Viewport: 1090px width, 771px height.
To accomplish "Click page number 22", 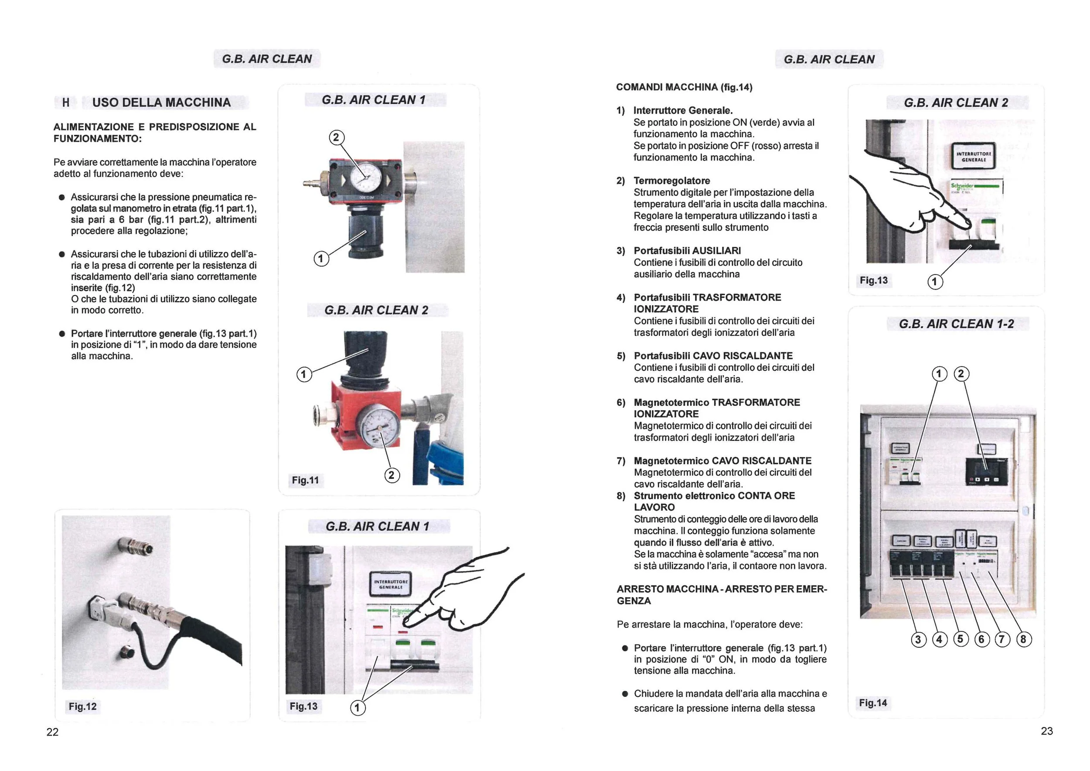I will (52, 732).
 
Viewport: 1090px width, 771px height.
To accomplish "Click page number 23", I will (1046, 731).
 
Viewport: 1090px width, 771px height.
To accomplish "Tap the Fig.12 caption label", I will (82, 706).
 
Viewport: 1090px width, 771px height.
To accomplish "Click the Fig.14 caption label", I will (872, 703).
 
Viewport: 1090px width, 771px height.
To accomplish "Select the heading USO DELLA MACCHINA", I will (161, 102).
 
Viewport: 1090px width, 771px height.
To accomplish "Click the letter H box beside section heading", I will (65, 102).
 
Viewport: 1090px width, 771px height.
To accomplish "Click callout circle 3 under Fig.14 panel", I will (918, 639).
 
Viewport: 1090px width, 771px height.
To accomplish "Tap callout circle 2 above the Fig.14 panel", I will (961, 374).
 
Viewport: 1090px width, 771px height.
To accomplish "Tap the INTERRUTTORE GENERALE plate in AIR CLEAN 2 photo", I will (974, 157).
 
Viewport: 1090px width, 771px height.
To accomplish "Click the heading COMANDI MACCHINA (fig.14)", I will (684, 87).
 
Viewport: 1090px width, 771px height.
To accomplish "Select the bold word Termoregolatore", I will (671, 181).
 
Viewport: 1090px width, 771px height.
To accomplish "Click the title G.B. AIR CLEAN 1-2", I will (956, 324).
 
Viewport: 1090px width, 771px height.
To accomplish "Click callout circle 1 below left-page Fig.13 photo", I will (358, 708).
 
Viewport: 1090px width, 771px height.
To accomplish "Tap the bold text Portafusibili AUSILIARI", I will (687, 251).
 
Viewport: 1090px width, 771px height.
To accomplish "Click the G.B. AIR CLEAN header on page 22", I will (267, 59).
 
